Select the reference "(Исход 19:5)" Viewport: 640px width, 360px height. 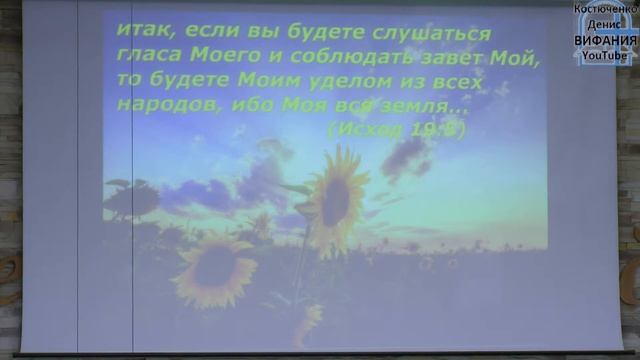coord(396,130)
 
